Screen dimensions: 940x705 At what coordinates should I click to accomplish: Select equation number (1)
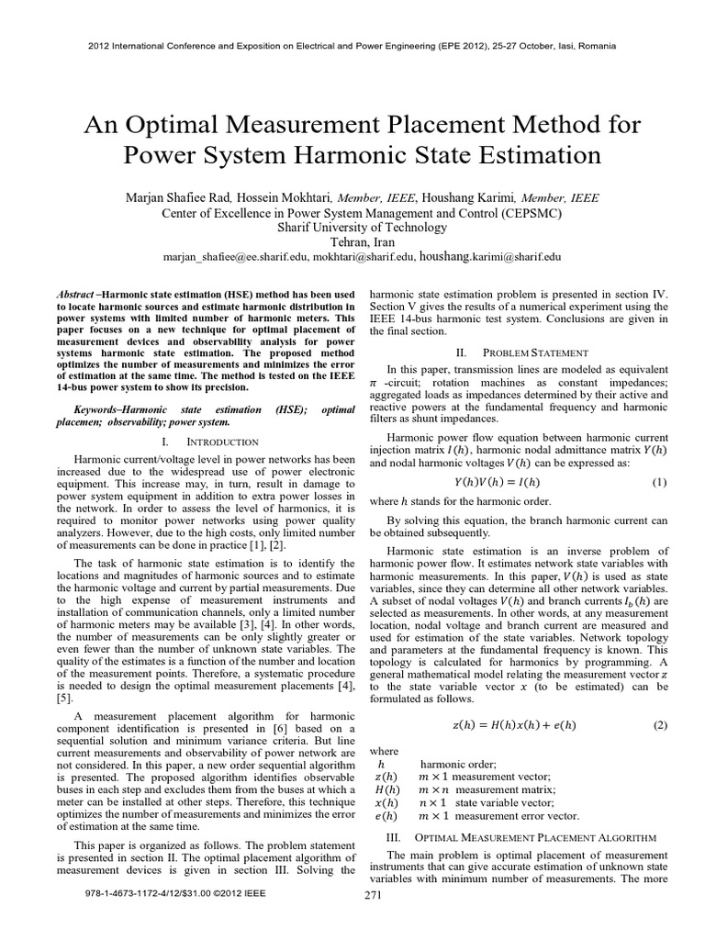(659, 482)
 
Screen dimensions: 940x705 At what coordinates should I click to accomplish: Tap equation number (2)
(659, 725)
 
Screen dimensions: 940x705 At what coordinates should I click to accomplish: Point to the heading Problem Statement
(520, 352)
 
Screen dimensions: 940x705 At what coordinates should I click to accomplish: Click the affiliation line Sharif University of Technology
(352, 228)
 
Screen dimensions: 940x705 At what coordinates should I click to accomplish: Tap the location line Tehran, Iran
(352, 242)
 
